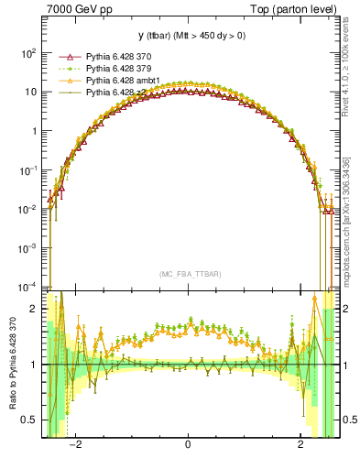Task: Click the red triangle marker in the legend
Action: (x=62, y=56)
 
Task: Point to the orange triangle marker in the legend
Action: (x=62, y=80)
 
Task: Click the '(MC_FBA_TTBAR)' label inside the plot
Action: (x=188, y=274)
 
